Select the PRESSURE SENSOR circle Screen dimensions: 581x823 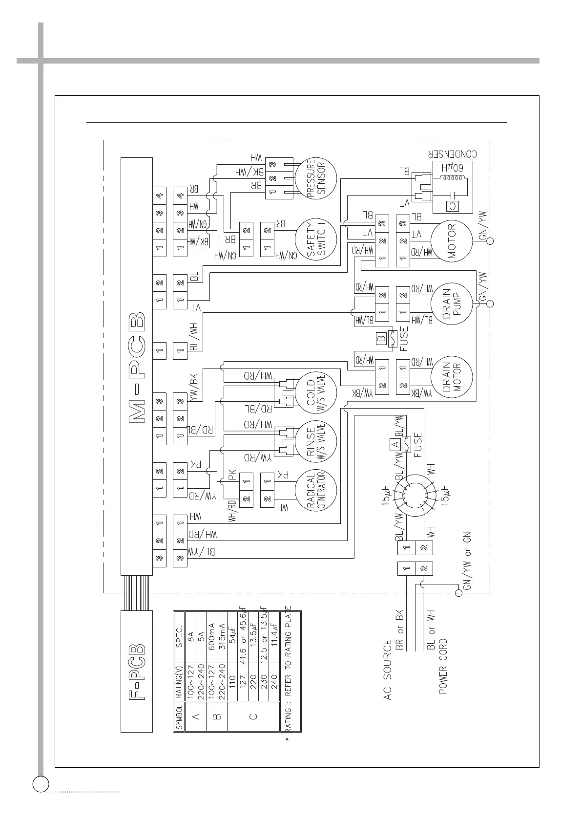317,179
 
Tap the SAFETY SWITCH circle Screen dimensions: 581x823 316,239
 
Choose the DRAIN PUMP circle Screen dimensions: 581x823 452,303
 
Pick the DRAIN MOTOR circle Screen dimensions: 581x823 452,376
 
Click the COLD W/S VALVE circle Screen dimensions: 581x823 316,393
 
